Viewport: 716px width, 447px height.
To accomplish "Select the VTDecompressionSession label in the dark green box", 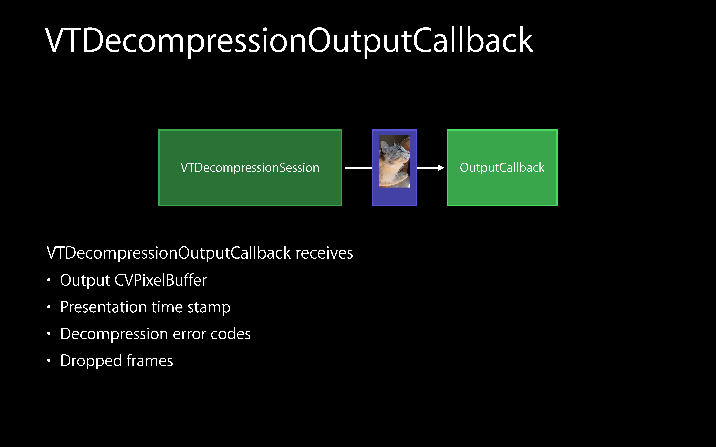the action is pos(250,168).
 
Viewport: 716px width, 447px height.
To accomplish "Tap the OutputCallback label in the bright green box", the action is pos(502,168).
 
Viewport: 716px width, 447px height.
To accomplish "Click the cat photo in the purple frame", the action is pos(394,161).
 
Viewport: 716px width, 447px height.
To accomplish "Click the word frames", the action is pos(150,361).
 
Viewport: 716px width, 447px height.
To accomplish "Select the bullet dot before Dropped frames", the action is pos(49,361).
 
